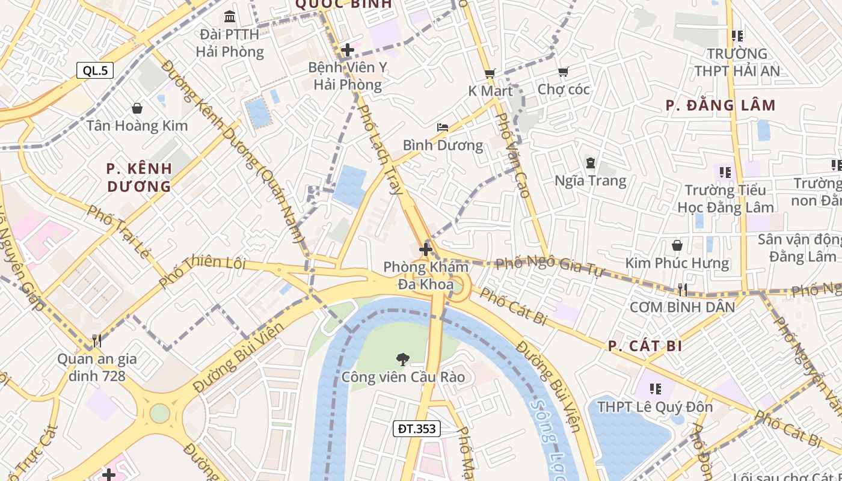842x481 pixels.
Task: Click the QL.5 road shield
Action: point(95,70)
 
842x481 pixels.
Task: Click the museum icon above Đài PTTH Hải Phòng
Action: point(229,16)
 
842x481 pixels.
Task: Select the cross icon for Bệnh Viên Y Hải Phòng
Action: point(347,50)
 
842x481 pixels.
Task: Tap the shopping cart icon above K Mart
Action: point(490,73)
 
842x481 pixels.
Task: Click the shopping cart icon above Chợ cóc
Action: point(563,72)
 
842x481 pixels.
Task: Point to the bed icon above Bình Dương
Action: point(443,127)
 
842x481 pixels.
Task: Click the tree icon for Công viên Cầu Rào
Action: point(402,360)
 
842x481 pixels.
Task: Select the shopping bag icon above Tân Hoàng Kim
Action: point(137,108)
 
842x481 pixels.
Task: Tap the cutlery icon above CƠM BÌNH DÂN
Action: point(682,290)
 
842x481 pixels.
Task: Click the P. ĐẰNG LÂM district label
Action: point(721,106)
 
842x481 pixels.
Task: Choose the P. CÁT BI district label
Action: point(645,346)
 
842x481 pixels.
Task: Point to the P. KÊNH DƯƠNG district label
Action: point(140,177)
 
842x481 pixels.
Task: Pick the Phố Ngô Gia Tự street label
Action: point(549,264)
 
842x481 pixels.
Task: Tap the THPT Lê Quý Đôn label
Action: point(654,407)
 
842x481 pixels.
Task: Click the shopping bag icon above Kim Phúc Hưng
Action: point(677,245)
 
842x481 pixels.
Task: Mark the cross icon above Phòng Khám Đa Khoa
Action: point(426,249)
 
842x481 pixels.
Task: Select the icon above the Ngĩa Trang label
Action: point(590,163)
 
